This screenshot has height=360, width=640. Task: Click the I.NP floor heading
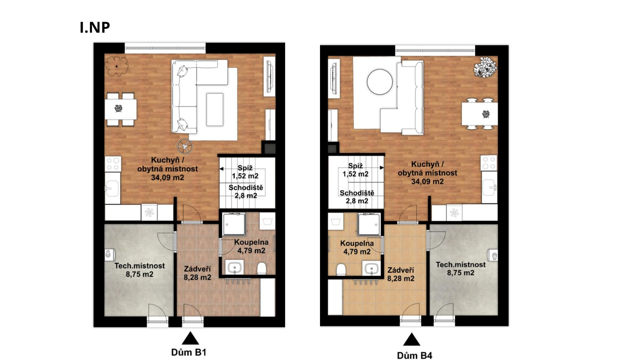click(95, 27)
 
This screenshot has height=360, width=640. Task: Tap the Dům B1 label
click(189, 352)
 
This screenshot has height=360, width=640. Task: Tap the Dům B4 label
click(415, 355)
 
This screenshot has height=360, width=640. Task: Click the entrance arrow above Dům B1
click(190, 338)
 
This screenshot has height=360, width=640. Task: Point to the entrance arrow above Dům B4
click(412, 339)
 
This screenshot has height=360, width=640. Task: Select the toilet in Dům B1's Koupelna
click(262, 268)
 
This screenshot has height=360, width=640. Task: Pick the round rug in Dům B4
click(380, 82)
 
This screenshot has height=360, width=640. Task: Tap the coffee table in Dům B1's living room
click(215, 109)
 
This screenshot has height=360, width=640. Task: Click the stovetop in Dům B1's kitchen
click(113, 164)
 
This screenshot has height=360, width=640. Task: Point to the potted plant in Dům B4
click(486, 68)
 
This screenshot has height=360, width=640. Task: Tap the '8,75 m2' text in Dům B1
click(140, 274)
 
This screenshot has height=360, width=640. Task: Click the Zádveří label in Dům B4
click(401, 270)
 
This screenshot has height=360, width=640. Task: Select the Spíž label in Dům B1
click(245, 168)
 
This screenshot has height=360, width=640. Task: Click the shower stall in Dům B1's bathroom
click(234, 224)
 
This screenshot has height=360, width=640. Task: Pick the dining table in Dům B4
click(480, 114)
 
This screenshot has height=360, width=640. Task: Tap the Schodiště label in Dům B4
click(357, 193)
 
